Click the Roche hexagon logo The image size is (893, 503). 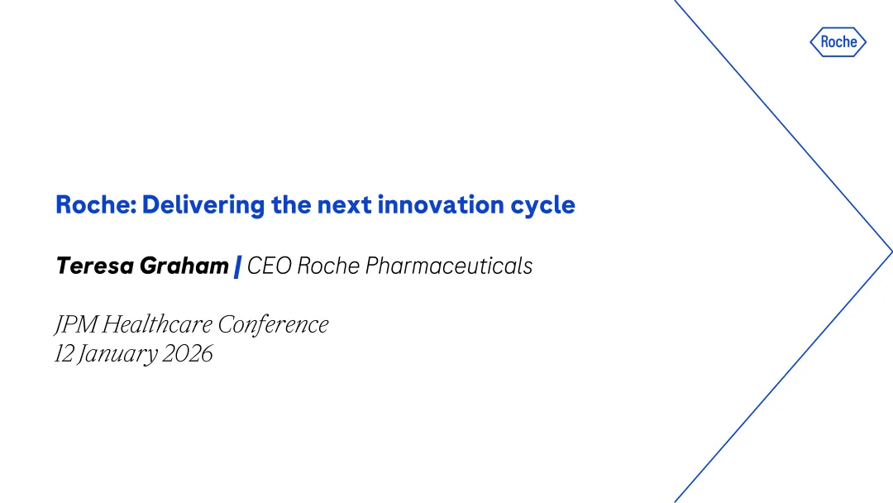[x=838, y=41]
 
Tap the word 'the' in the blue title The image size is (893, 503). [x=290, y=204]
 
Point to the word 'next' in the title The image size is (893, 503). [x=344, y=205]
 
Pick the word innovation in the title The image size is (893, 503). [x=440, y=204]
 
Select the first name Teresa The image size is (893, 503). [x=94, y=266]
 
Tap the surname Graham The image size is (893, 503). [x=184, y=266]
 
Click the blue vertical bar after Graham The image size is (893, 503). [x=237, y=266]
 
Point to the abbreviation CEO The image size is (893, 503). [x=270, y=266]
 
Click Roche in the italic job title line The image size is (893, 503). [x=328, y=266]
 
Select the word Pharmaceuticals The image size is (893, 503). [x=449, y=266]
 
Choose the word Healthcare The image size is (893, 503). [x=157, y=324]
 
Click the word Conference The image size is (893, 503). [x=273, y=324]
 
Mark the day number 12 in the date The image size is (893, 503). [x=64, y=354]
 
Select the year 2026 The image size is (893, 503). [x=188, y=354]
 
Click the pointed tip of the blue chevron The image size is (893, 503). [x=892, y=251]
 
